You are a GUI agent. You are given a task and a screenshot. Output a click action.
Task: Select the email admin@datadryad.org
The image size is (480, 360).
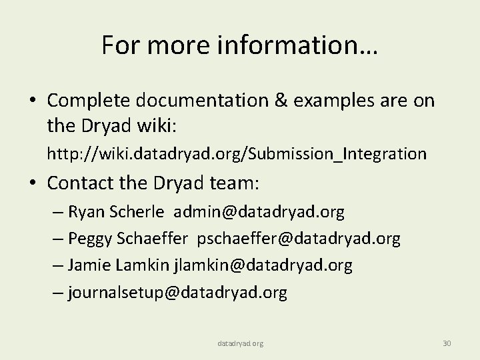[x=259, y=213]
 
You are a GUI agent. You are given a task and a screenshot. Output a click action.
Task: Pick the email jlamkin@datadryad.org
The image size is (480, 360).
[x=263, y=265]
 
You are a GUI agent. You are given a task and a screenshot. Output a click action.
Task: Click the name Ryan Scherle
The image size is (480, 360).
[x=125, y=213]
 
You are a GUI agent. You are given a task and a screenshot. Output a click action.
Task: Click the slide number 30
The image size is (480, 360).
[x=447, y=343]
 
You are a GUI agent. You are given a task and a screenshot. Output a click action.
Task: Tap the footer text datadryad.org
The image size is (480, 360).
[x=240, y=343]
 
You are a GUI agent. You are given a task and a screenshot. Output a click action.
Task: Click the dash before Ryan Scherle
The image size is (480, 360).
[x=56, y=213]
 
